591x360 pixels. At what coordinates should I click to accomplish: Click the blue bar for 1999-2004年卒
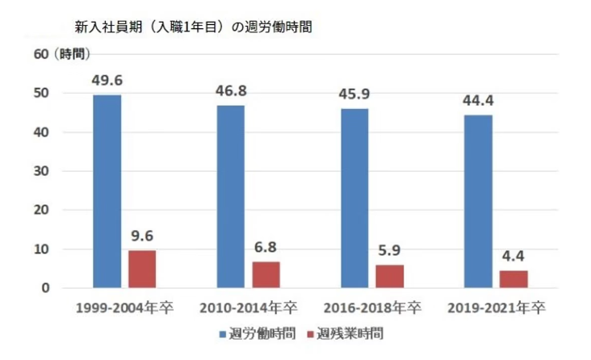(107, 191)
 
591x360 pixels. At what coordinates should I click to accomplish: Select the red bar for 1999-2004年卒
(141, 269)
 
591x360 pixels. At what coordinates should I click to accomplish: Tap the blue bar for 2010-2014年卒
(230, 196)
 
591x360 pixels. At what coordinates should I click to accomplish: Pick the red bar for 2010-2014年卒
(266, 274)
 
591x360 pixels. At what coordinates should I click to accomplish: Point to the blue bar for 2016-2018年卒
(354, 198)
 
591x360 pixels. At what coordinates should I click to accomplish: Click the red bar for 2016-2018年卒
(389, 276)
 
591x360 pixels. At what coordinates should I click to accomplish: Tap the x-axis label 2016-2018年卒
(371, 309)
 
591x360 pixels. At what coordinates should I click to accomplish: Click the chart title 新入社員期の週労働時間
(193, 27)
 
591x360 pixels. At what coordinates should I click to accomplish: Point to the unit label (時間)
(71, 54)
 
